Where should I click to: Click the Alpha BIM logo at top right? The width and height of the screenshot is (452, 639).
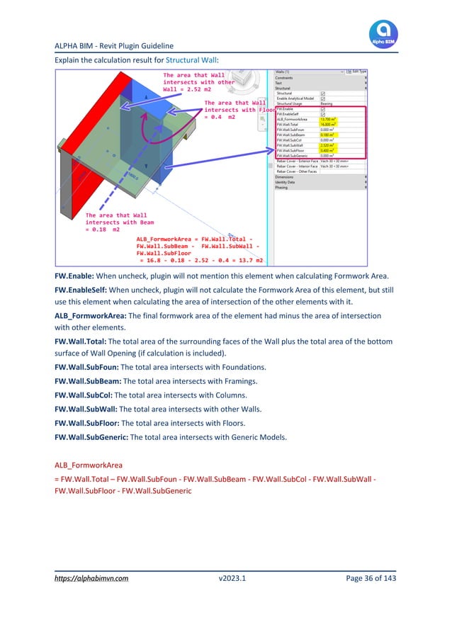point(383,33)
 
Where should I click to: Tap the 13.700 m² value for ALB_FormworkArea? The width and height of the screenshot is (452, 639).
point(328,119)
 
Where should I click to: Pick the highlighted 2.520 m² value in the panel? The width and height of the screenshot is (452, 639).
point(327,145)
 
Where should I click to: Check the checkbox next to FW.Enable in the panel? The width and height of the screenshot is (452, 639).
point(323,109)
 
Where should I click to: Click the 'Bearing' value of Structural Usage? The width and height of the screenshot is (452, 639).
point(329,103)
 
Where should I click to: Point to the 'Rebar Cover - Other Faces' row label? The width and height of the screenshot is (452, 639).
point(297,171)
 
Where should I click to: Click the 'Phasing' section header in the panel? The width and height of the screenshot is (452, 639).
point(283,188)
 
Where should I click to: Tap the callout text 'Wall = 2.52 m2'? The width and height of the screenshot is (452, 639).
point(188,91)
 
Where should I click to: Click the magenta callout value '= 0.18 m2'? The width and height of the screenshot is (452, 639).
point(103,230)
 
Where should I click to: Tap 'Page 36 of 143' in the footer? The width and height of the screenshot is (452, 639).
point(371,578)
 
